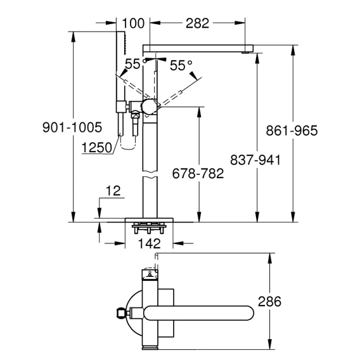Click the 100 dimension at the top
(133, 23)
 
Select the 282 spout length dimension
(197, 23)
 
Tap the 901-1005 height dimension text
(72, 127)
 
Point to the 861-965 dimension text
(292, 131)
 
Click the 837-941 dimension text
(255, 160)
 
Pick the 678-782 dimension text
(198, 174)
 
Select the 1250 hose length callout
(97, 148)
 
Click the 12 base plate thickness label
(113, 191)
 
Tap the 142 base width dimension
(149, 243)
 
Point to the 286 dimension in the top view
(269, 302)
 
